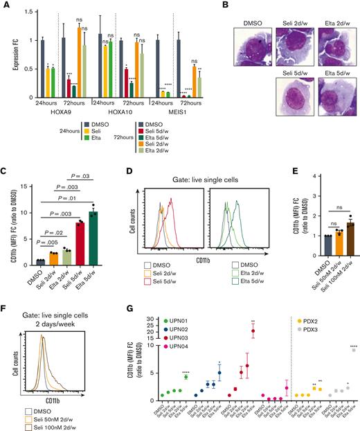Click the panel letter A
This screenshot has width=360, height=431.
pyautogui.click(x=5, y=7)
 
